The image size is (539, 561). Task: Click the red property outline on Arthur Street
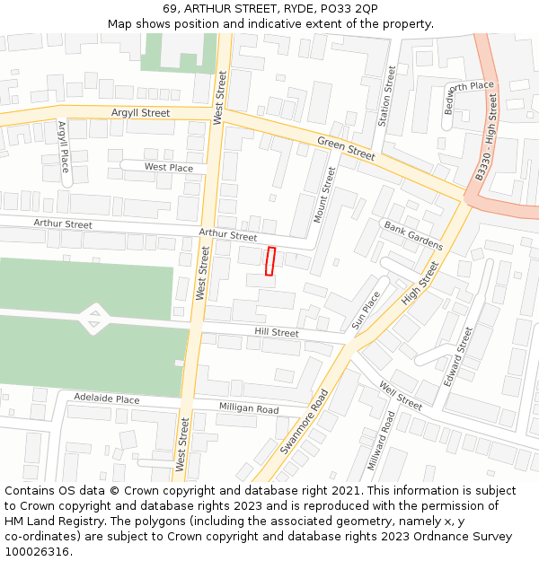(269, 261)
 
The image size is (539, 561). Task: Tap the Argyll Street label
(140, 113)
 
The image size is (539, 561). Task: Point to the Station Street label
(386, 95)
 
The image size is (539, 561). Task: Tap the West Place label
(169, 167)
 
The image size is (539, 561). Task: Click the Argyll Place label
(63, 147)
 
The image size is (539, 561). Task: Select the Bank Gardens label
(413, 235)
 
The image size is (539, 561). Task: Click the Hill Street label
(277, 332)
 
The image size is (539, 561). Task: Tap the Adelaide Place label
(107, 399)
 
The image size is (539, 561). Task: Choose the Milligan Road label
(249, 408)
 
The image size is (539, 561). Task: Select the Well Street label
(401, 395)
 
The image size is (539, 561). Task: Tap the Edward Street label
(458, 356)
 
